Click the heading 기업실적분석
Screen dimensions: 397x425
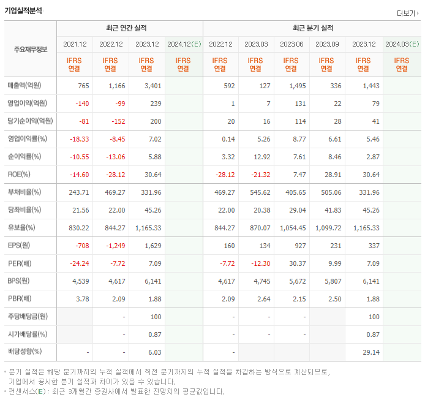24,10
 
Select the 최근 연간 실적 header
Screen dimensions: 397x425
129,28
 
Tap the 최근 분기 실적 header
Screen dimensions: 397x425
312,28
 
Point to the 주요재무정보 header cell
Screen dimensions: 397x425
30,49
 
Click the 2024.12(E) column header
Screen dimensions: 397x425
183,44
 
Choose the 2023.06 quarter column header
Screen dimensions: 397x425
291,44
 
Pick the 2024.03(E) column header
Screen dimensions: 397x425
402,44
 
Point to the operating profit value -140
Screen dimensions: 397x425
81,104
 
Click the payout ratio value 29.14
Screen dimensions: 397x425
369,352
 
